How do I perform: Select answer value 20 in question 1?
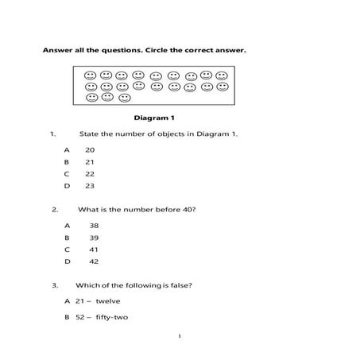pos(90,149)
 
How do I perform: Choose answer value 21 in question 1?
pos(90,161)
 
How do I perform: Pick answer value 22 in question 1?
pos(90,173)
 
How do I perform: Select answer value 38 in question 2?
pos(94,225)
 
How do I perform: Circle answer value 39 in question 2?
pos(94,237)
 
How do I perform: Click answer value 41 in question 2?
pos(94,249)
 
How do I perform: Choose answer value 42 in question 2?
pos(94,261)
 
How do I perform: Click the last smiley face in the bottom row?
pos(124,99)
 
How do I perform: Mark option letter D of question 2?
pos(68,261)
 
